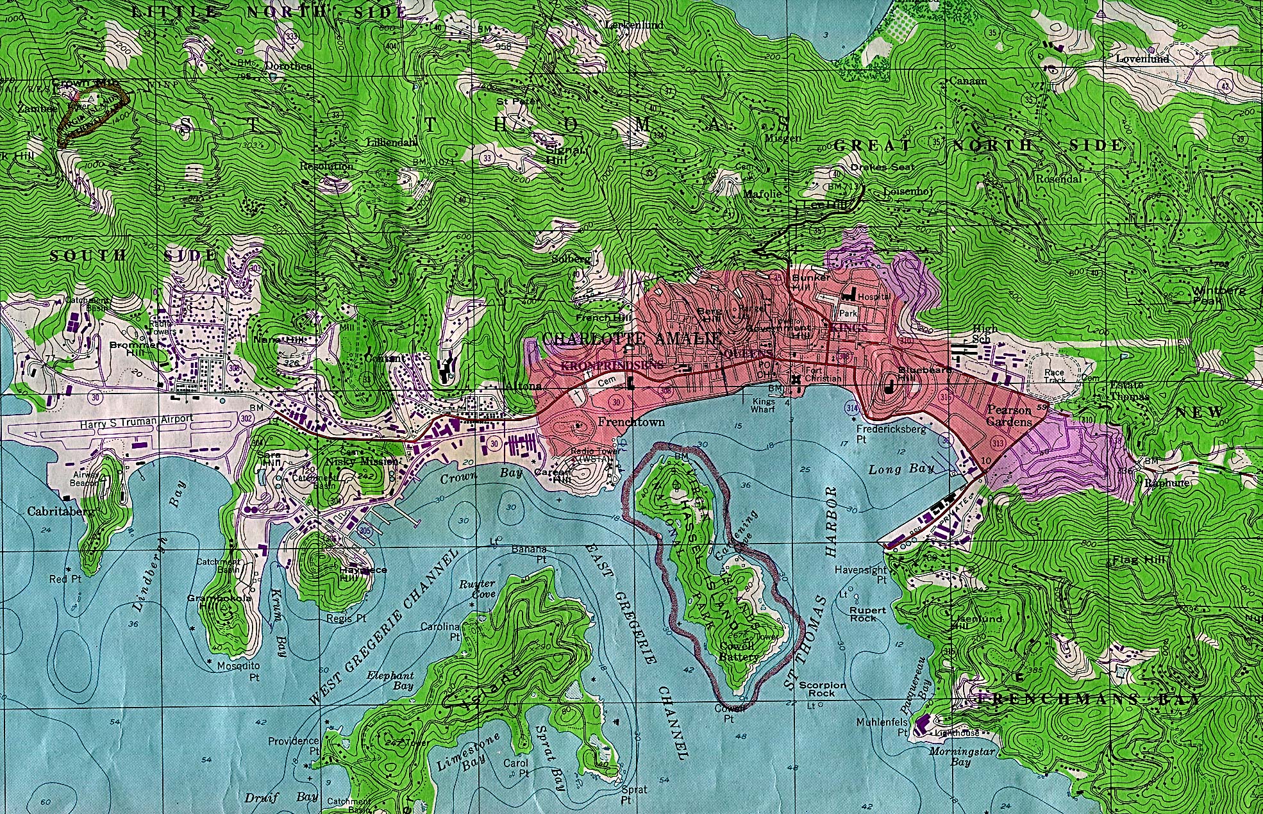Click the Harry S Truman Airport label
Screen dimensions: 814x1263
coord(136,419)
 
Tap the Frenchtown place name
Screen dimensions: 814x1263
coord(630,422)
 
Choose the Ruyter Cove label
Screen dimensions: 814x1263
coord(477,588)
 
